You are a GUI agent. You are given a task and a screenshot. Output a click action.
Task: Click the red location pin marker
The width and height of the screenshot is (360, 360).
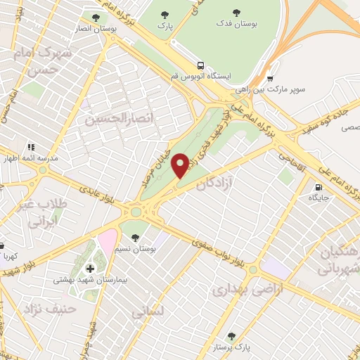pos(181,165)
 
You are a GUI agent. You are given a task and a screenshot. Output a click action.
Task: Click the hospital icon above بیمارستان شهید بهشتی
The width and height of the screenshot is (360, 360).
pos(90,269)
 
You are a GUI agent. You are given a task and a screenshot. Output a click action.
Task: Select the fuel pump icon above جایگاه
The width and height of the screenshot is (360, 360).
pos(320,188)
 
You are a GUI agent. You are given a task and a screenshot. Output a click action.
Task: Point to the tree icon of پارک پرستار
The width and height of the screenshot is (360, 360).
pos(232,335)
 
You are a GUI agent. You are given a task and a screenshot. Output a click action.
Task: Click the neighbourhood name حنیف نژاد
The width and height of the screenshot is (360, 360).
pos(37,307)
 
